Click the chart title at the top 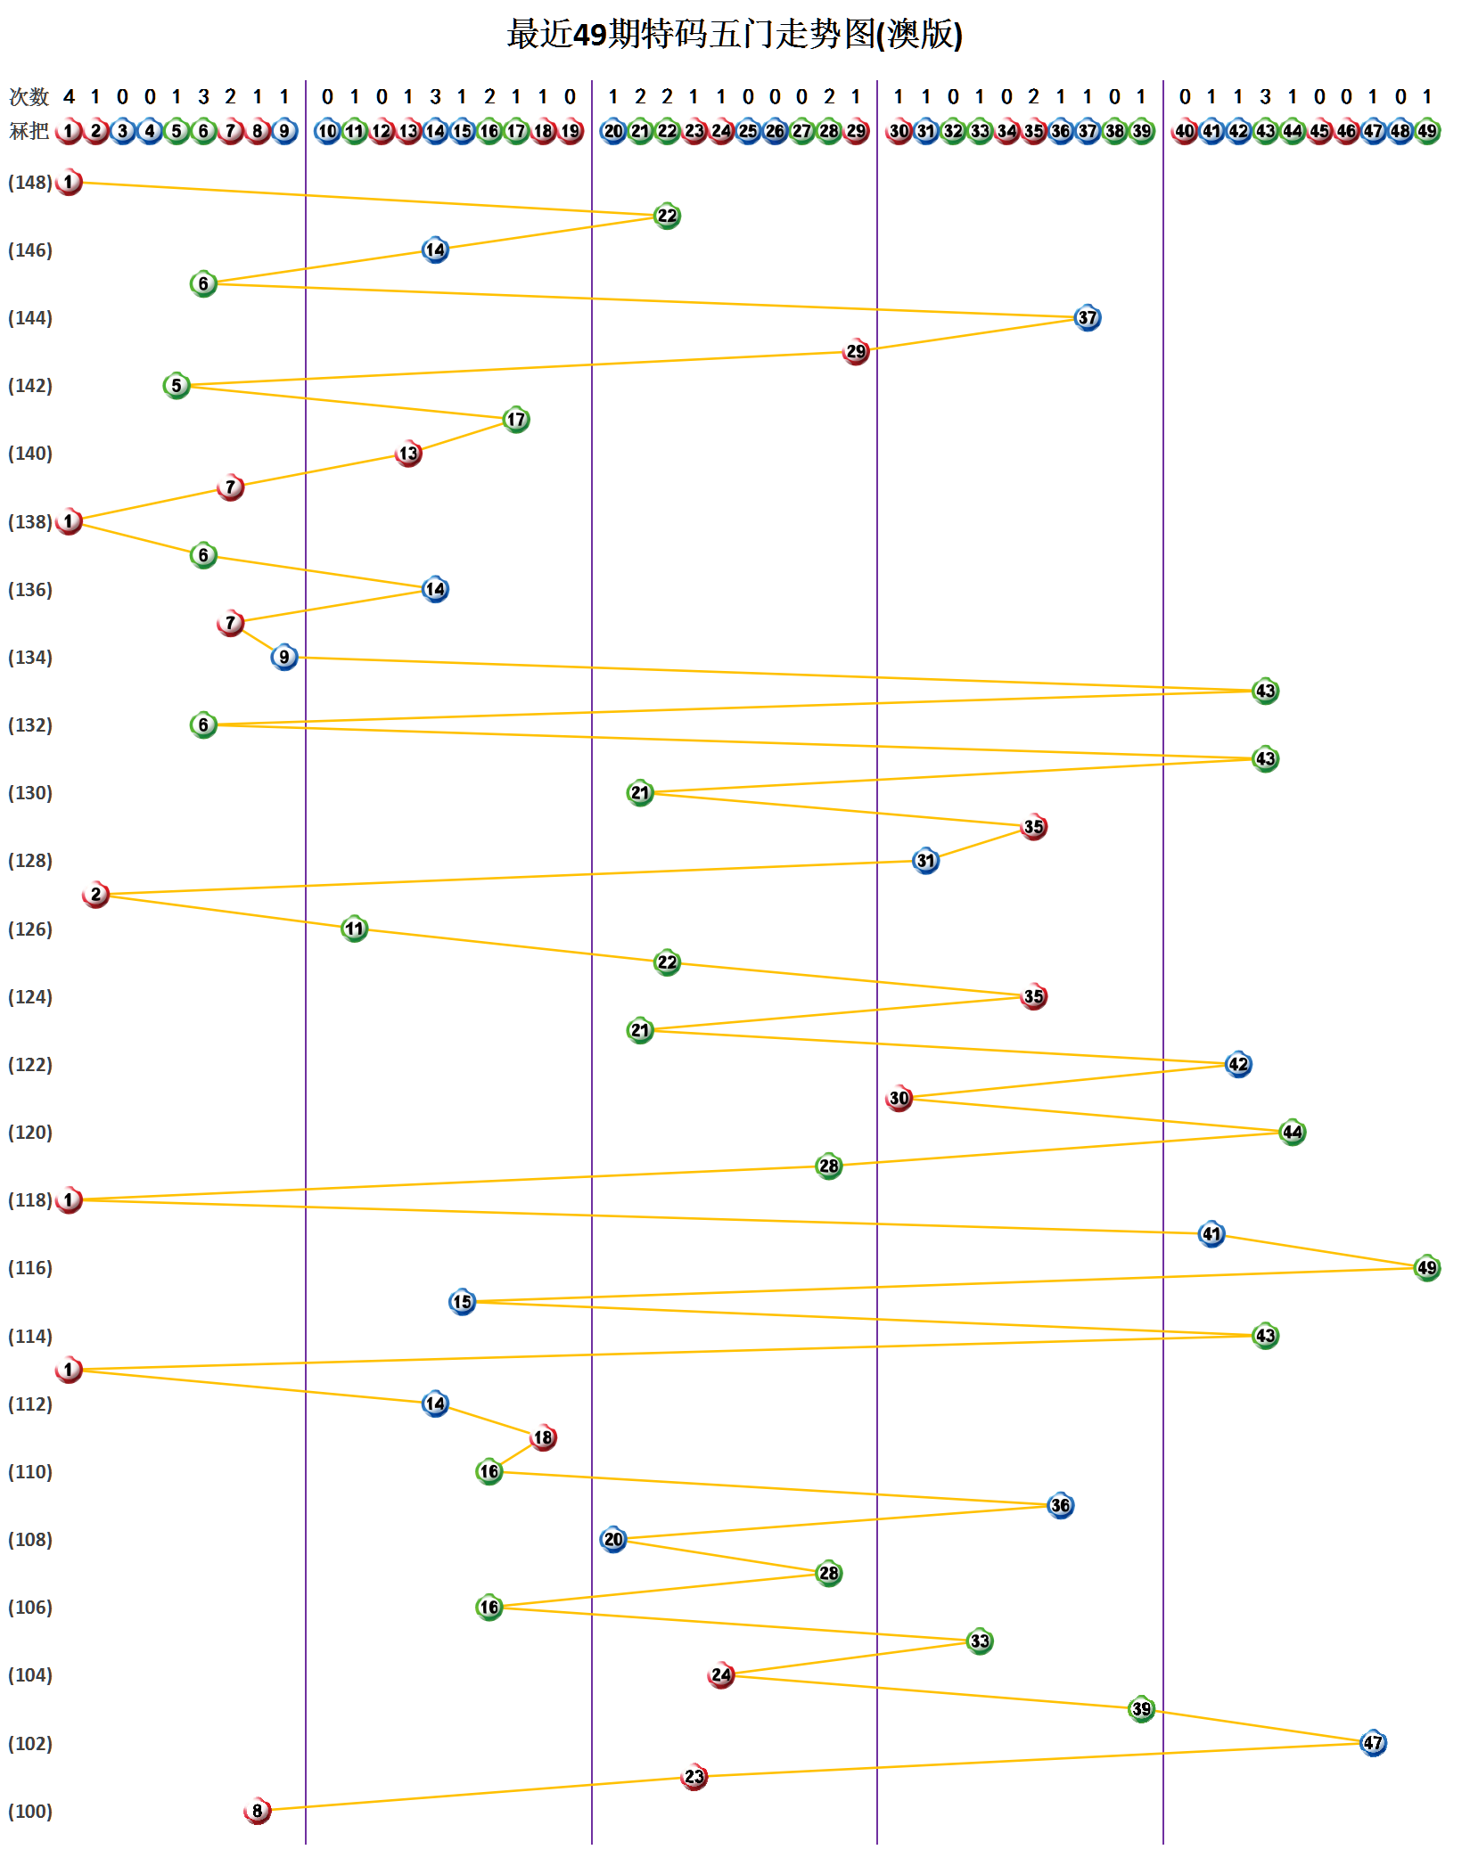click(735, 35)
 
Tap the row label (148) click(30, 183)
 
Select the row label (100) click(30, 1811)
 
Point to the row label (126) click(30, 929)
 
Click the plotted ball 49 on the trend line click(1426, 1267)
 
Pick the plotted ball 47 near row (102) click(1373, 1742)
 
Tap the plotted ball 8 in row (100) click(257, 1810)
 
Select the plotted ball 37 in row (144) click(1087, 317)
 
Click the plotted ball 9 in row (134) click(283, 657)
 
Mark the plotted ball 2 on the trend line click(95, 894)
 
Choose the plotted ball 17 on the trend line click(516, 419)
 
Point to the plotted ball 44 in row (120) click(1292, 1132)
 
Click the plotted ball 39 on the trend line click(1141, 1708)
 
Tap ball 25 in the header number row click(748, 131)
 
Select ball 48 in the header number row click(1400, 131)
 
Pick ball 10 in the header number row click(327, 131)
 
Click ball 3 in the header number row click(122, 131)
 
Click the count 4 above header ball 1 click(69, 96)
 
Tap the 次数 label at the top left click(29, 96)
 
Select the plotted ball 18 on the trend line click(543, 1436)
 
